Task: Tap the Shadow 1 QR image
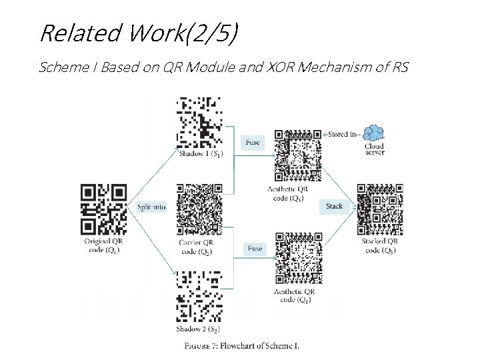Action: [198, 122]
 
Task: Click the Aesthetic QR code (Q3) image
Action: [298, 155]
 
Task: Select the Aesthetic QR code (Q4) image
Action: [298, 259]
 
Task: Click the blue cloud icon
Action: [374, 133]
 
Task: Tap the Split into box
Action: [151, 207]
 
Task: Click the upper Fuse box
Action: [253, 142]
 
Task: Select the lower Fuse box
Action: [255, 249]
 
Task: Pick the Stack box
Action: [334, 207]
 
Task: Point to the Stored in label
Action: [342, 134]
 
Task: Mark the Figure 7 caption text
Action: [242, 345]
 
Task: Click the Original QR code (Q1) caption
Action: [103, 245]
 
